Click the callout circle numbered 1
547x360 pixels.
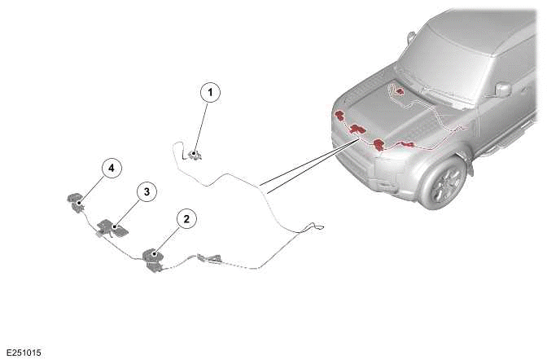[x=210, y=93]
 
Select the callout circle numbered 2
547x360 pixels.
[x=186, y=219]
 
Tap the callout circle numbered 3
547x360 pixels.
[x=147, y=191]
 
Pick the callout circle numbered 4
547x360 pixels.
[x=112, y=169]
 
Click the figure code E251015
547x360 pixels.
[x=24, y=353]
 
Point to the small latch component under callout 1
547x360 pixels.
[x=195, y=155]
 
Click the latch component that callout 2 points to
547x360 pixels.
[x=154, y=260]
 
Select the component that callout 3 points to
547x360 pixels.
[x=112, y=228]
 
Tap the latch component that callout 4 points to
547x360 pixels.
[x=76, y=202]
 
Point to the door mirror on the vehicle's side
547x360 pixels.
[x=503, y=90]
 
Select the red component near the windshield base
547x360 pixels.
[x=400, y=91]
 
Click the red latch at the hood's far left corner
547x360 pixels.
[x=339, y=115]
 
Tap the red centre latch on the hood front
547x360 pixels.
[x=357, y=129]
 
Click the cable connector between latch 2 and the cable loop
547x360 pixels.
[x=209, y=259]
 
